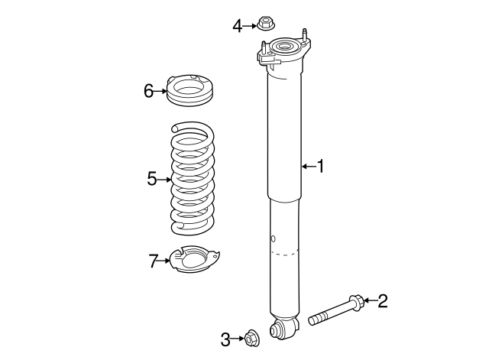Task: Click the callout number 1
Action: pos(322,166)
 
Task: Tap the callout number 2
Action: pos(382,300)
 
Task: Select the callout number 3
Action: pos(225,338)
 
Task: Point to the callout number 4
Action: pos(238,26)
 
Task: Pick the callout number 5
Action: pos(152,179)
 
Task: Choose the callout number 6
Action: pos(149,91)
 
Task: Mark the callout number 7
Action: pos(154,261)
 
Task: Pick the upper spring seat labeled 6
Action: pos(189,91)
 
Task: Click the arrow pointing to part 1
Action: pos(308,166)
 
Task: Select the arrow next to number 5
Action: pos(164,180)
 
